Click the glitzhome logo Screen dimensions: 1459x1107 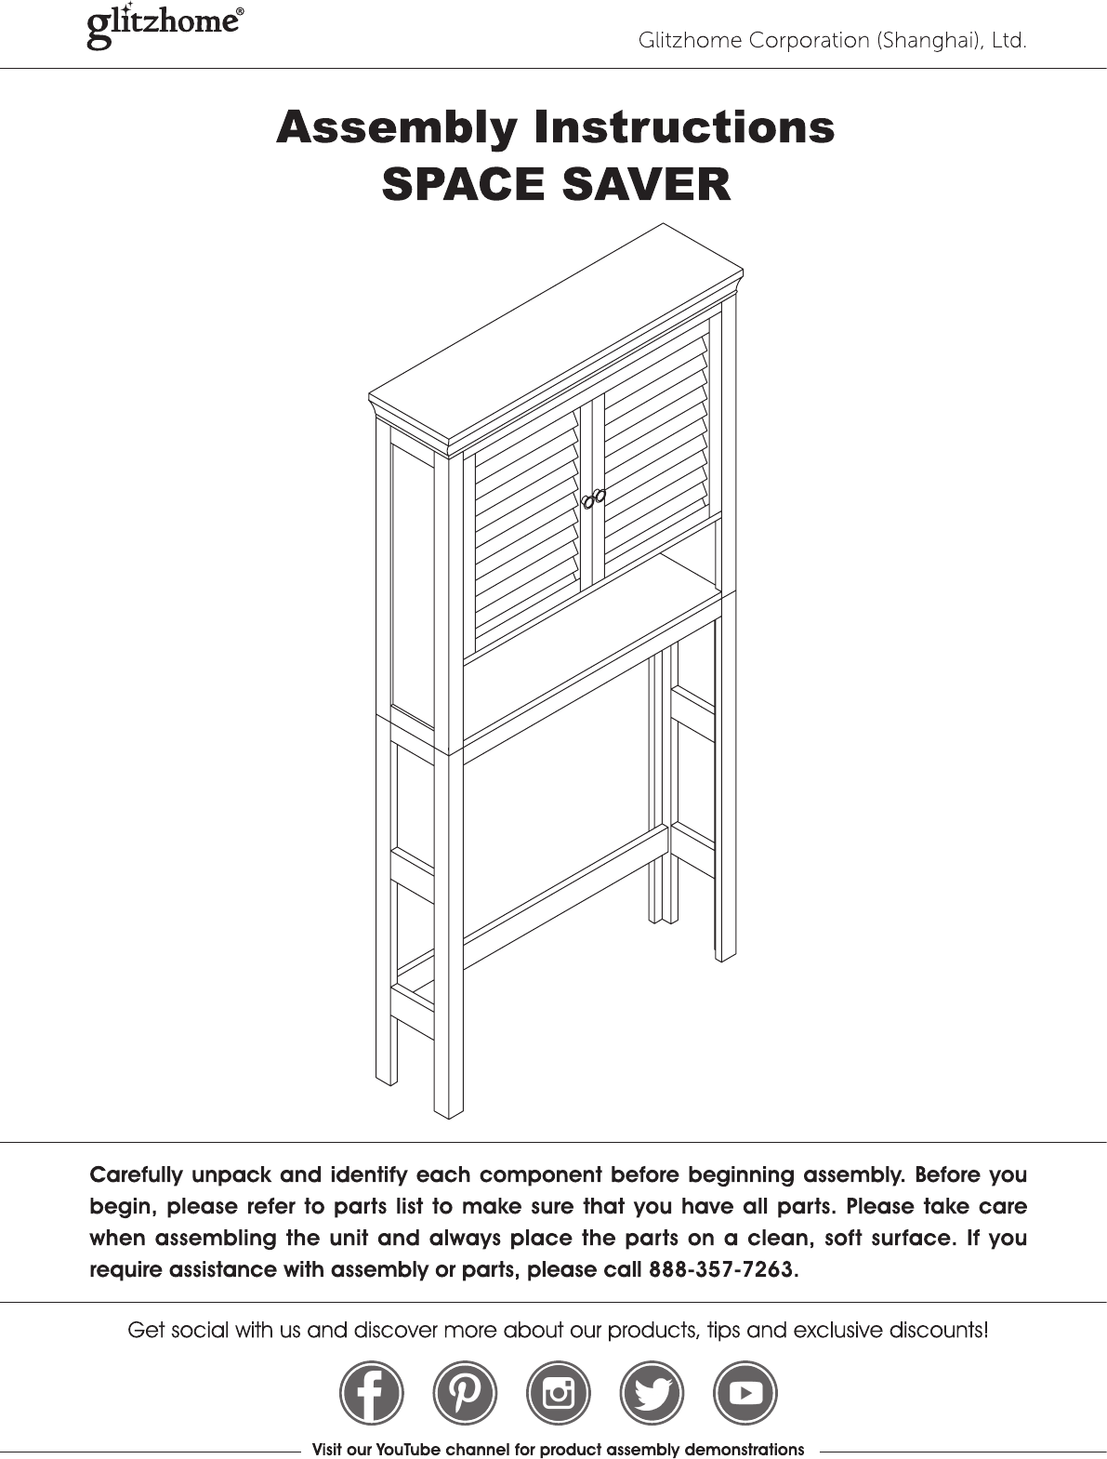[165, 27]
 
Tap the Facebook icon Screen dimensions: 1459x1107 [371, 1392]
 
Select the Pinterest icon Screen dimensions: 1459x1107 [465, 1392]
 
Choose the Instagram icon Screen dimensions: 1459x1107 [559, 1392]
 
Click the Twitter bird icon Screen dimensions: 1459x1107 [652, 1392]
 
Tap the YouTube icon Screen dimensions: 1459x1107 [745, 1392]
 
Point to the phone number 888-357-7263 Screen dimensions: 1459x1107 [721, 1270]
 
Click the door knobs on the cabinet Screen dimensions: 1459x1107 [594, 499]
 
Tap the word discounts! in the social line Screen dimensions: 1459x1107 [933, 1331]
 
